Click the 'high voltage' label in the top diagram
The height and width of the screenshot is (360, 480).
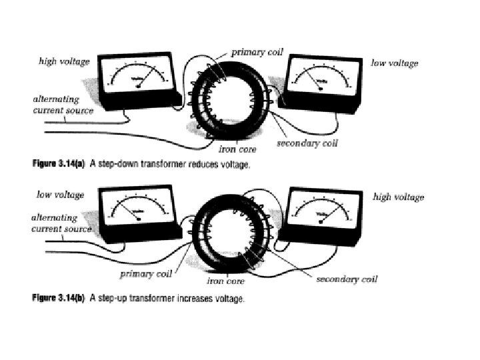[x=64, y=61]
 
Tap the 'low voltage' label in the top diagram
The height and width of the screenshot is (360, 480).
[x=395, y=63]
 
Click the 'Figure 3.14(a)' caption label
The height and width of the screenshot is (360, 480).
[x=59, y=165]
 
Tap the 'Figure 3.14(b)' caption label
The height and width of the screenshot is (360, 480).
[x=59, y=299]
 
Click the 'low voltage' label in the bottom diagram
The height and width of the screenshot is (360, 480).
[x=60, y=195]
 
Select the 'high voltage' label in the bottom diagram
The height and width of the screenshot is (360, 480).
[x=399, y=197]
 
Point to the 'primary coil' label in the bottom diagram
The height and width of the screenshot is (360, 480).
[x=146, y=273]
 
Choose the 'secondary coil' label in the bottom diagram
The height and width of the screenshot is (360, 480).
[x=346, y=279]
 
